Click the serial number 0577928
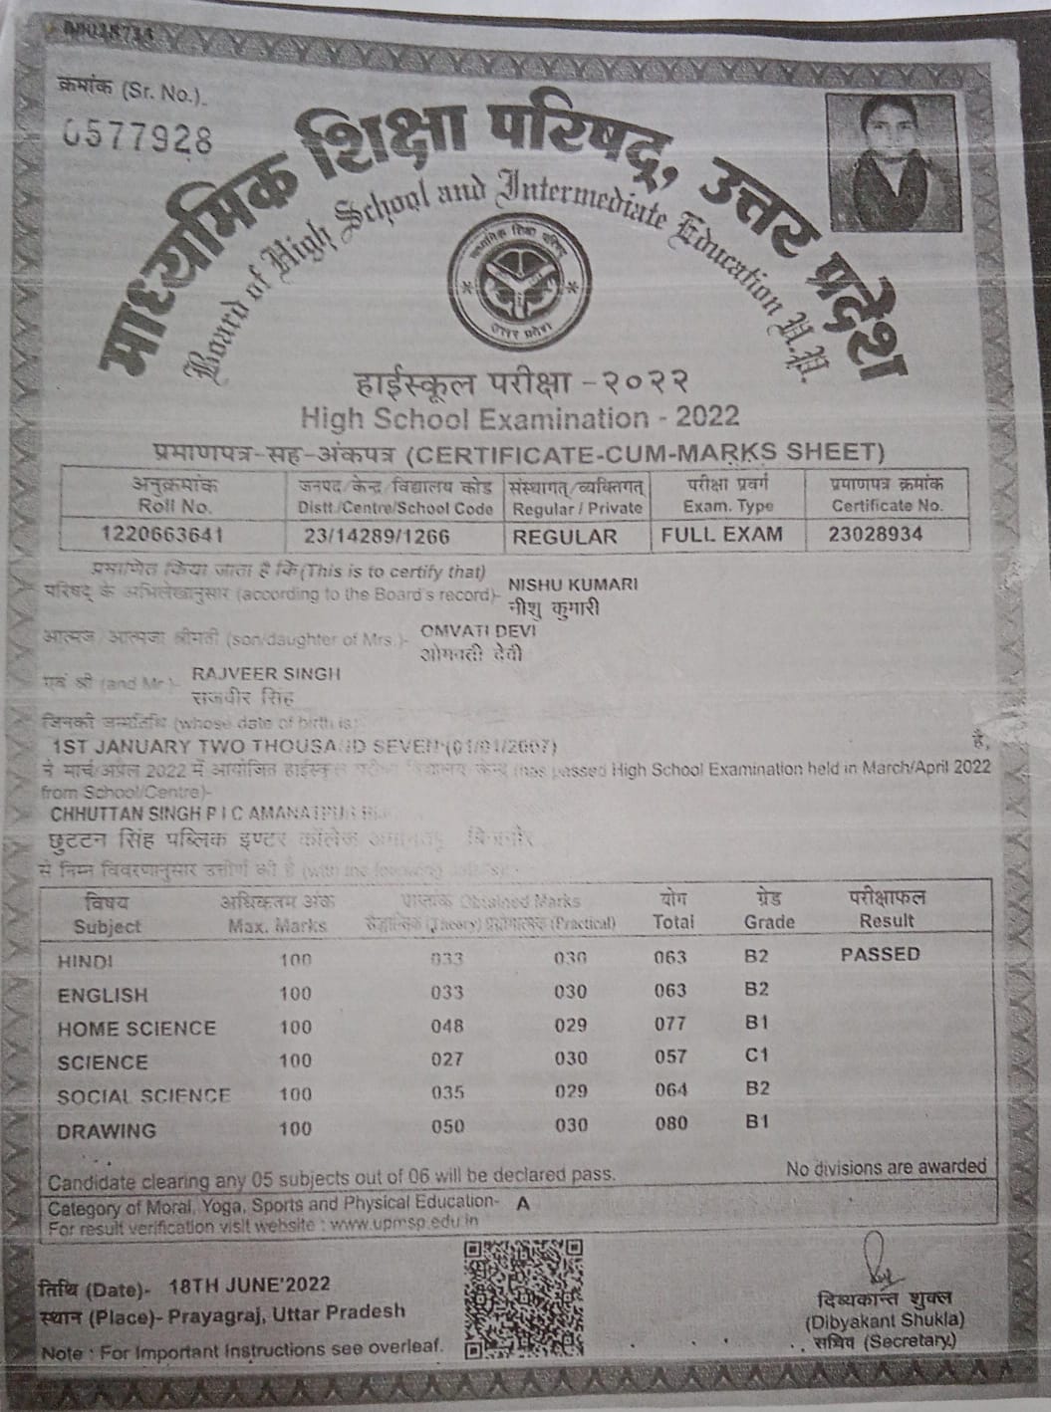click(138, 138)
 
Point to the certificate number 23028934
click(876, 534)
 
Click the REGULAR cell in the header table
click(565, 536)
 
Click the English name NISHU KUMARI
click(573, 584)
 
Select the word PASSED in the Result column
click(880, 954)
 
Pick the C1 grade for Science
click(757, 1056)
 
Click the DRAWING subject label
click(107, 1131)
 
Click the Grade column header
click(768, 910)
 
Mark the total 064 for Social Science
click(670, 1090)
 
